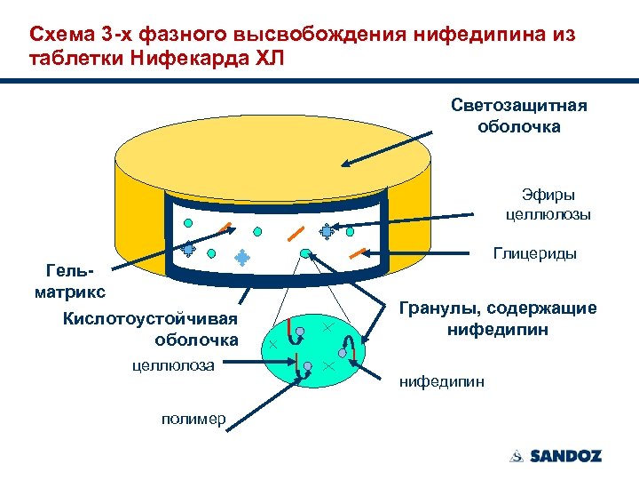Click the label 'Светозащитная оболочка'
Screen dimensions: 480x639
click(518, 116)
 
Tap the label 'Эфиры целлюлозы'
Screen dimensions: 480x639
click(548, 204)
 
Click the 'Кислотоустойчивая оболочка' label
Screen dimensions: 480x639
click(150, 329)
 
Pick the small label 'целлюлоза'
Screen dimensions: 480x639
click(177, 363)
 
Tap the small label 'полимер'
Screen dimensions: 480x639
click(192, 419)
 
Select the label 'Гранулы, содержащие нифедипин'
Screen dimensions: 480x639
click(497, 319)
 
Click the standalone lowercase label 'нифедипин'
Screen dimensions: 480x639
click(442, 382)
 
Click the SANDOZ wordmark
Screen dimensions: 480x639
click(565, 456)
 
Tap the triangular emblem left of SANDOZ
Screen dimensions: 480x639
click(517, 456)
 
